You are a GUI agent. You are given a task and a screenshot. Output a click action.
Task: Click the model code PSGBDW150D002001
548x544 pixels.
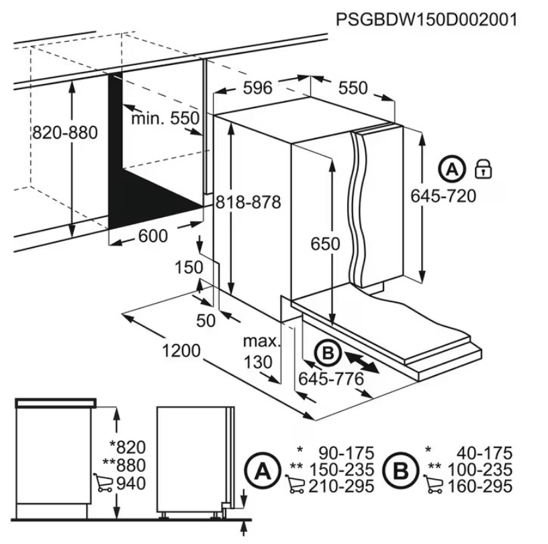(426, 19)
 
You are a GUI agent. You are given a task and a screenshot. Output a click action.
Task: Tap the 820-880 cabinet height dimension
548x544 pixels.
(65, 133)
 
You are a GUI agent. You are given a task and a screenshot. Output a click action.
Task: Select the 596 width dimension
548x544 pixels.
(258, 88)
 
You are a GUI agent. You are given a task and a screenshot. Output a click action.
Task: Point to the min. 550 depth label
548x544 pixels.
(165, 118)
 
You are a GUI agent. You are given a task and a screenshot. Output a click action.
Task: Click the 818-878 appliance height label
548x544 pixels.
(248, 202)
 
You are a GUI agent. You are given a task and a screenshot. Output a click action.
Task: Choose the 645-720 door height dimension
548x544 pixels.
(443, 196)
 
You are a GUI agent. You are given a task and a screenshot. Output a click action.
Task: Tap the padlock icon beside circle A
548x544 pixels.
(484, 169)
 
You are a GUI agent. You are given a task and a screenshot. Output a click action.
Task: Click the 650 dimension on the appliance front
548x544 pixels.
(325, 244)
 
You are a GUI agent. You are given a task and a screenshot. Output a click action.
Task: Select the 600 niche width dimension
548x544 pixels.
(153, 236)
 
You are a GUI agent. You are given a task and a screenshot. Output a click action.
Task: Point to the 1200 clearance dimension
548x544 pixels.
(181, 351)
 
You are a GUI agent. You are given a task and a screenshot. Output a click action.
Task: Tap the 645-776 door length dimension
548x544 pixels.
(331, 379)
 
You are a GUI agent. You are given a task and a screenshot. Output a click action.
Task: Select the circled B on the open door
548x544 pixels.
(328, 353)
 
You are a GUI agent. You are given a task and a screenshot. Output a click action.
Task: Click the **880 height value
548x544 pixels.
(124, 465)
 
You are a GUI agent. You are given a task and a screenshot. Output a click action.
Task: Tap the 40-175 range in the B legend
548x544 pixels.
(484, 453)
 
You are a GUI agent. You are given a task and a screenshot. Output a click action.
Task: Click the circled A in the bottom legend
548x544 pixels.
(263, 471)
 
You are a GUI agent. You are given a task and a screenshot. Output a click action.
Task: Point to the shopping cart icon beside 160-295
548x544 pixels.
(433, 484)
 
